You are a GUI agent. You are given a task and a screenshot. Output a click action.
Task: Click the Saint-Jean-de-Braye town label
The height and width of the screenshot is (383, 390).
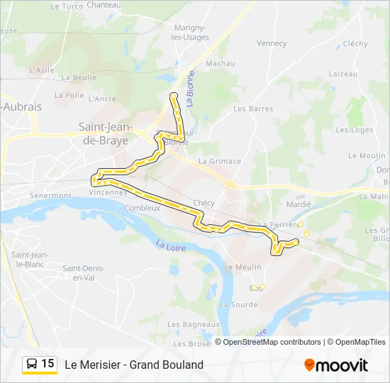tap(103, 134)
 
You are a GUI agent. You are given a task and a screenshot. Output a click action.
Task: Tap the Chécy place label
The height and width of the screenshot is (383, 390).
tap(204, 203)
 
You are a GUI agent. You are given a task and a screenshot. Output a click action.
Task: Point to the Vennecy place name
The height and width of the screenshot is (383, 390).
tap(272, 43)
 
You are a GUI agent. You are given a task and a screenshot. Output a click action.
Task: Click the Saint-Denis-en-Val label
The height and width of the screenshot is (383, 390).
tap(84, 272)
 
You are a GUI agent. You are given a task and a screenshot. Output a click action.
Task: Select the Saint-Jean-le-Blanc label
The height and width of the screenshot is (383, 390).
tap(29, 260)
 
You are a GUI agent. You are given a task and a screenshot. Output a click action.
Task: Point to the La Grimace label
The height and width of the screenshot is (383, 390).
tap(220, 161)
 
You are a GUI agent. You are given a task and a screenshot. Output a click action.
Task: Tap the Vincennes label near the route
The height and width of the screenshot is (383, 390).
tap(108, 192)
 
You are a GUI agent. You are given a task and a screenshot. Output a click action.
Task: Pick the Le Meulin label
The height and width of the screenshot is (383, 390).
tap(238, 267)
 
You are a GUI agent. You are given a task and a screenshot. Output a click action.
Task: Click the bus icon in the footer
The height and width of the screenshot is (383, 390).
tap(32, 365)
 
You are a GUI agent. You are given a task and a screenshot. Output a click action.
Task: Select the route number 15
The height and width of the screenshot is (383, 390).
tap(48, 364)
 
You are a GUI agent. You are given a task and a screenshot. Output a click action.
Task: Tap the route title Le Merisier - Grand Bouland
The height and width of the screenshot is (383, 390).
tap(134, 365)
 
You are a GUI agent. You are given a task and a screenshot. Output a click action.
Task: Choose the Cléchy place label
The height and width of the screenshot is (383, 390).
tap(355, 43)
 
